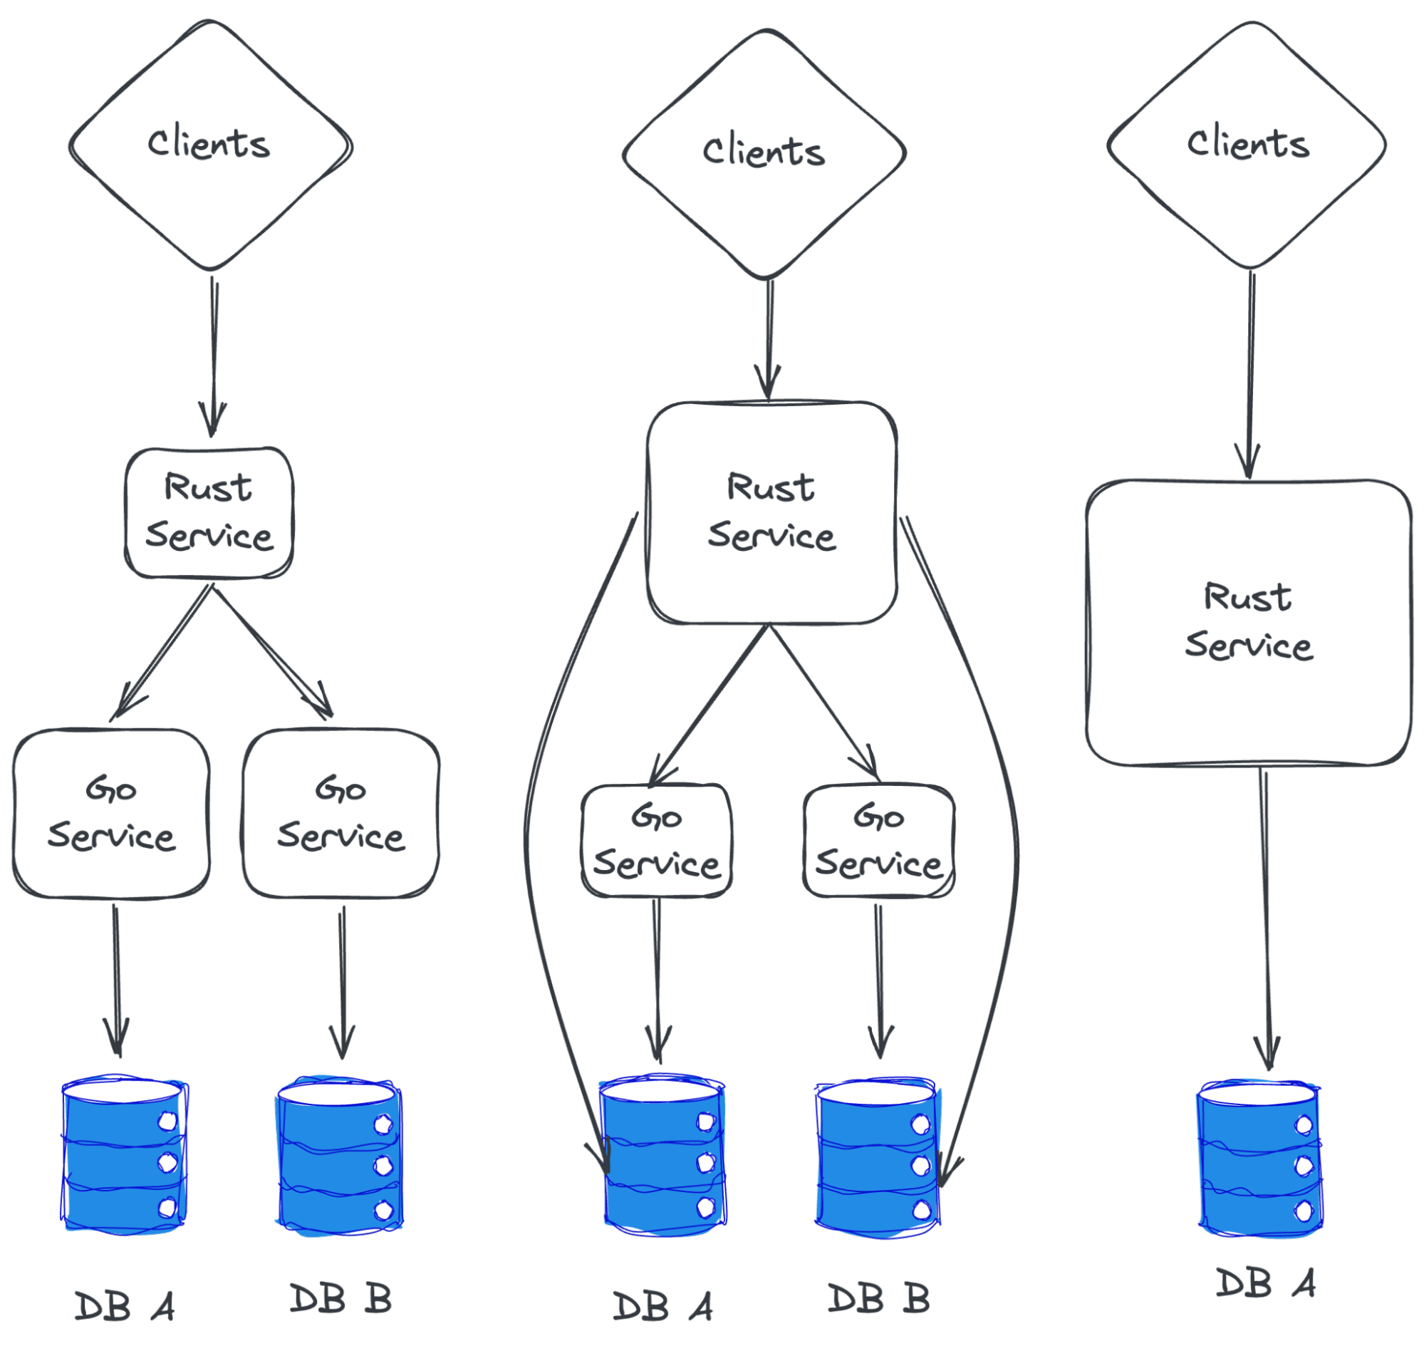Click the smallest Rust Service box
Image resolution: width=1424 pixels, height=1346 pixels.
click(209, 512)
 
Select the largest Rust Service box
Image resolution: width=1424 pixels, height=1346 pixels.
click(1248, 623)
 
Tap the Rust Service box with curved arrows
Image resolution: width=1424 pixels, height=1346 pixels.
click(772, 512)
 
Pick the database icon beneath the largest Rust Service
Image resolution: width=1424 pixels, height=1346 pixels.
click(1259, 1159)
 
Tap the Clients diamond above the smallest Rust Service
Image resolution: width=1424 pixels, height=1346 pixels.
click(210, 145)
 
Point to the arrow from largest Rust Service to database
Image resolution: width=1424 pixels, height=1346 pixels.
click(1266, 918)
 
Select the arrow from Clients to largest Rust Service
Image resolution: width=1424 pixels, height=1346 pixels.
click(1251, 373)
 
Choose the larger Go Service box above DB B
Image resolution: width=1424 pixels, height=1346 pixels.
click(341, 813)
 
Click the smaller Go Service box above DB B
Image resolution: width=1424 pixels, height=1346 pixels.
click(879, 840)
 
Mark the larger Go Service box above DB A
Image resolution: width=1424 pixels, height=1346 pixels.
click(111, 813)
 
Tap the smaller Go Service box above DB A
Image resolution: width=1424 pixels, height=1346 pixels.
click(656, 840)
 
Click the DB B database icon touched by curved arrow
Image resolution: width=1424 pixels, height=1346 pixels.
click(877, 1155)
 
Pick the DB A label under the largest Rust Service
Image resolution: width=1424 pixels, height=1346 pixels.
click(1264, 1283)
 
